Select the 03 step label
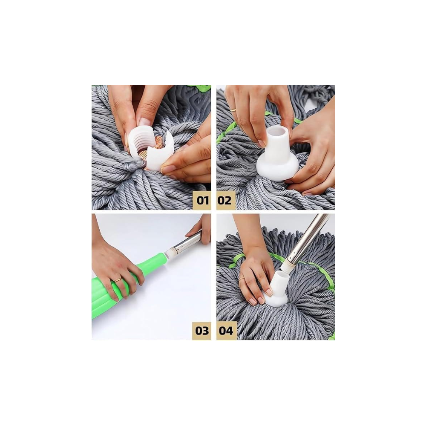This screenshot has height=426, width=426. (202, 331)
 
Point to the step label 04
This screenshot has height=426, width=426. (226, 331)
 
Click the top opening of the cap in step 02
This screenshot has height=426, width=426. (277, 132)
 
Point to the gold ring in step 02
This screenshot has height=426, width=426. (233, 110)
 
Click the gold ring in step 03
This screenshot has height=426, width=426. (118, 280)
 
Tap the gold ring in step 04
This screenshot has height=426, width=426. (242, 279)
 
